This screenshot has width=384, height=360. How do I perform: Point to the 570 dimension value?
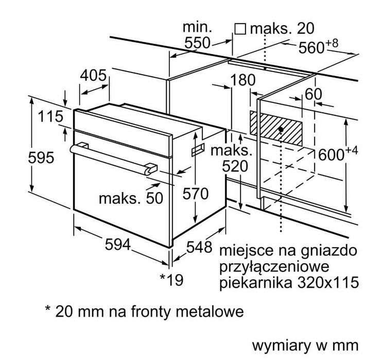196,194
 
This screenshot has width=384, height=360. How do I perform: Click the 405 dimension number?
93,76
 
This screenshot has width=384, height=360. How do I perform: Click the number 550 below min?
197,44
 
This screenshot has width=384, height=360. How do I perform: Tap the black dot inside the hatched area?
281,128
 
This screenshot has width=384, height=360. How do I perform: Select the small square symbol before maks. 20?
240,28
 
